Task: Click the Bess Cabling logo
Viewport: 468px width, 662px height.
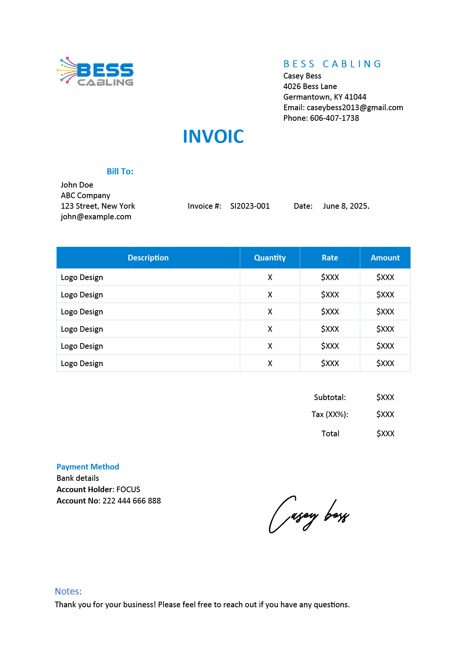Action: point(96,72)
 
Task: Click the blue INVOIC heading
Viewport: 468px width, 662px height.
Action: point(213,137)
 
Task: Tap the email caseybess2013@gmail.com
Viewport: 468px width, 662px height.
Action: point(354,108)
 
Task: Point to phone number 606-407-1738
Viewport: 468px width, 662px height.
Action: point(334,118)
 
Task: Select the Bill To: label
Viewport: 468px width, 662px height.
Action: point(120,171)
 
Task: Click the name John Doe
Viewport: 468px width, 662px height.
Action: point(77,185)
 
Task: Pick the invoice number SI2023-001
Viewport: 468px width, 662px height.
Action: point(250,206)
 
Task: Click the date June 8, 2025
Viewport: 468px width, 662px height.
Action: point(346,206)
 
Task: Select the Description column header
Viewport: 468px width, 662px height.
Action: point(148,258)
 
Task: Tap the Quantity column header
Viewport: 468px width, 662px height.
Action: point(270,258)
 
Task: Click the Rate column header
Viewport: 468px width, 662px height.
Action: point(330,258)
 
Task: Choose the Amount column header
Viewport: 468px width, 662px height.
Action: point(385,258)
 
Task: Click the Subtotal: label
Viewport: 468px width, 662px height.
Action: point(330,397)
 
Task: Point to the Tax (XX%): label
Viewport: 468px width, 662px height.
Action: point(330,414)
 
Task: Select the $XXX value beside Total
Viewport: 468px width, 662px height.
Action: point(385,434)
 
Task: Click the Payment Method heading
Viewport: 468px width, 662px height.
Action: point(87,467)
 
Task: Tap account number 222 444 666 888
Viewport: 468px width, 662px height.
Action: point(132,501)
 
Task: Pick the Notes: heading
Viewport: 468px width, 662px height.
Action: point(68,591)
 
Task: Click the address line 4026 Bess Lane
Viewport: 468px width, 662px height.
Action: point(310,86)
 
